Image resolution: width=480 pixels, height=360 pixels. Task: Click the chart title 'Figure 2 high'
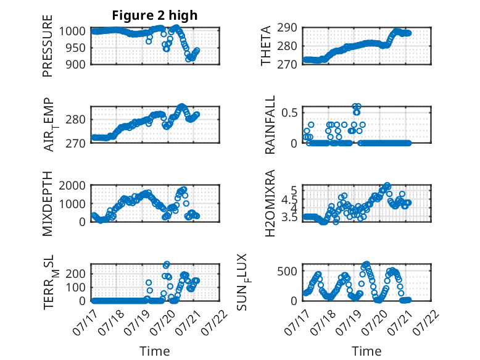coord(155,15)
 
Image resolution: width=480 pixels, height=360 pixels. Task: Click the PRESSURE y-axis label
coord(48,46)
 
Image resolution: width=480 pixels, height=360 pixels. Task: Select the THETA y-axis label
coord(266,46)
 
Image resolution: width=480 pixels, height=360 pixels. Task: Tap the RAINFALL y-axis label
coord(270,125)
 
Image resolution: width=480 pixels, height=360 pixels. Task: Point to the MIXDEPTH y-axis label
coord(48,204)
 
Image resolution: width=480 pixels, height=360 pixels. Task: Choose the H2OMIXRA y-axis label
coord(270,203)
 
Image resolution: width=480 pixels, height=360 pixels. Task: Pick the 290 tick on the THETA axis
coord(287,28)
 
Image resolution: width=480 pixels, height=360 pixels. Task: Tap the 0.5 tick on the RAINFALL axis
coord(289,113)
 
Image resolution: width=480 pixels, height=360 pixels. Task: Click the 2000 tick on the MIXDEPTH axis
coord(72,186)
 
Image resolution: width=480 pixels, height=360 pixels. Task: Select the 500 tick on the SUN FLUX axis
coord(287,271)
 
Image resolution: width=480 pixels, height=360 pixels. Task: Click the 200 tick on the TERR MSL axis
coord(75,274)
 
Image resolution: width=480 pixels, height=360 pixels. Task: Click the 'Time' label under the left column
coord(155,351)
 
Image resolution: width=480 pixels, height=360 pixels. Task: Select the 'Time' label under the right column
coord(366,351)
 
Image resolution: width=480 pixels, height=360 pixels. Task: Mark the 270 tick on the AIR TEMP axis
coord(75,143)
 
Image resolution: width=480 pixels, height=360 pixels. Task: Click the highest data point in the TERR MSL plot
coord(167,264)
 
